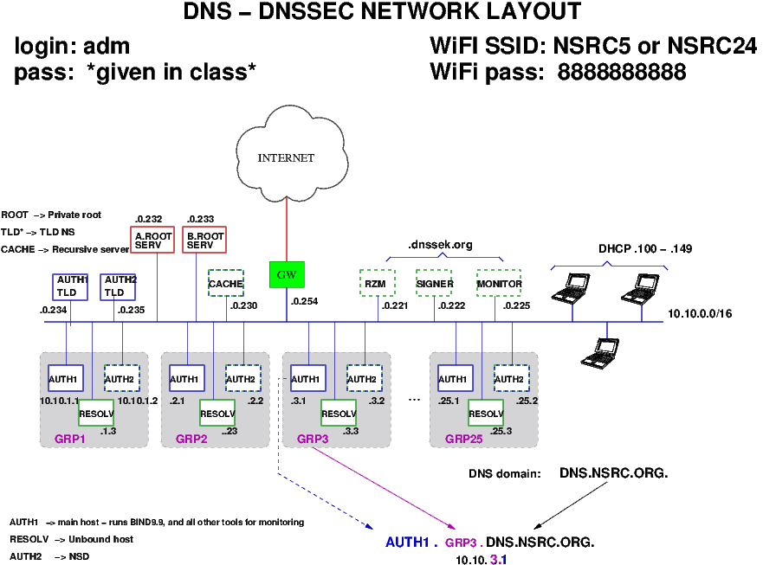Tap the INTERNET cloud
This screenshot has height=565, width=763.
pyautogui.click(x=286, y=157)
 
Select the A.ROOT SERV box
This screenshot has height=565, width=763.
pyautogui.click(x=153, y=240)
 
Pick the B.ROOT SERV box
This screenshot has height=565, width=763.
pyautogui.click(x=205, y=240)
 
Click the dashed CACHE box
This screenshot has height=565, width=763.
pyautogui.click(x=226, y=283)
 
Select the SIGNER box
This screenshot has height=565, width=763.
pyautogui.click(x=435, y=283)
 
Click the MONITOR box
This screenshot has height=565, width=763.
pyautogui.click(x=499, y=283)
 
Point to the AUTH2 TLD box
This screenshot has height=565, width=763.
pyautogui.click(x=120, y=286)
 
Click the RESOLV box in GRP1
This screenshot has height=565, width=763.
pyautogui.click(x=95, y=414)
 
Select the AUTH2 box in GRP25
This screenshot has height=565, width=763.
pyautogui.click(x=511, y=379)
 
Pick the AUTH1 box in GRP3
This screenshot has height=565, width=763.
pyautogui.click(x=308, y=379)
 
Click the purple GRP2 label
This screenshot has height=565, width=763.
pyautogui.click(x=191, y=439)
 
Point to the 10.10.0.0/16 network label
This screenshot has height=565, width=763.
pyautogui.click(x=700, y=313)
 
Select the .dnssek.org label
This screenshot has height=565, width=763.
pyautogui.click(x=440, y=245)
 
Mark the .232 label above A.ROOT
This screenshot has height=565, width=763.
pyautogui.click(x=149, y=219)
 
